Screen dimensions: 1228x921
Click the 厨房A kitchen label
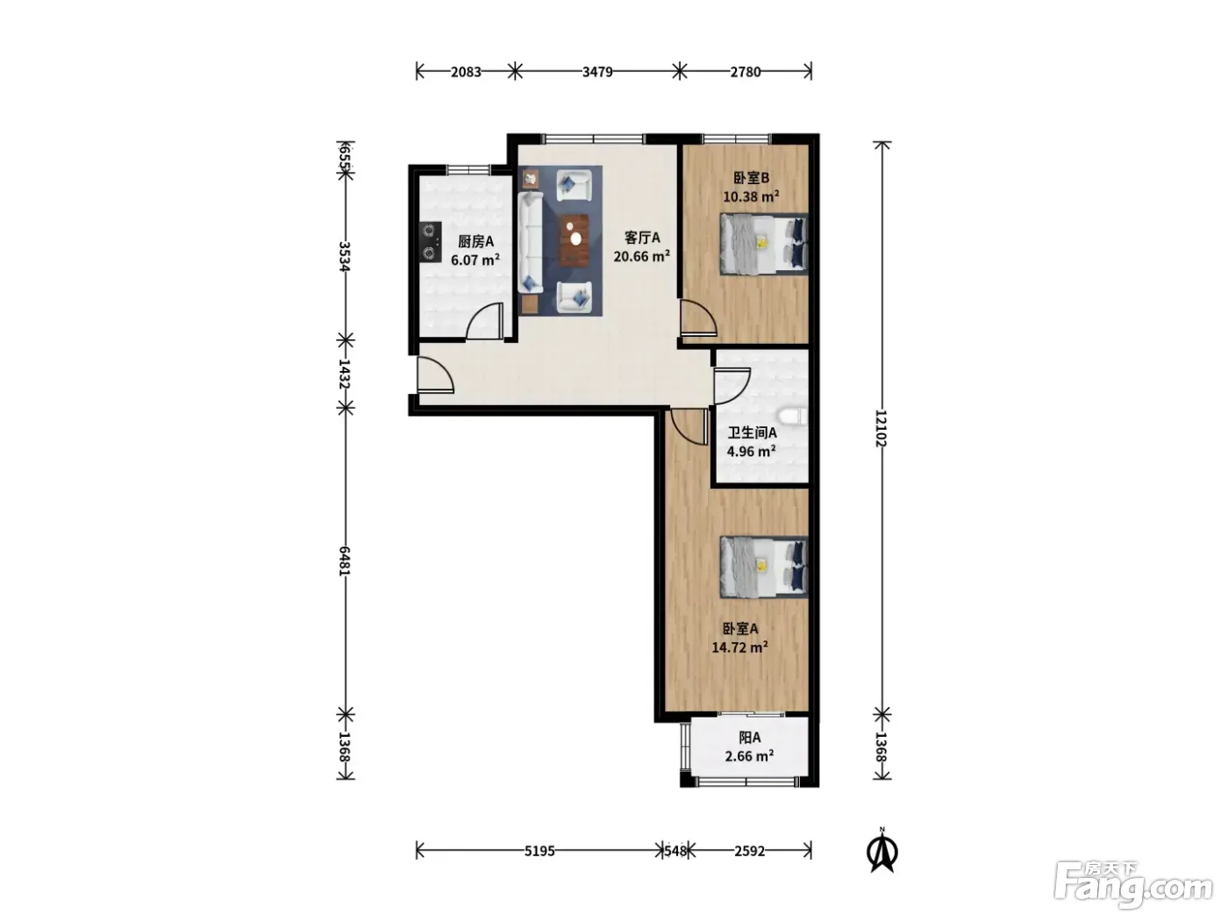pyautogui.click(x=475, y=241)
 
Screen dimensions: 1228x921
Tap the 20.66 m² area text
pyautogui.click(x=642, y=256)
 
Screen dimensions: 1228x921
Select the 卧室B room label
pyautogui.click(x=752, y=178)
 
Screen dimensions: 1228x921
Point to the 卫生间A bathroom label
pyautogui.click(x=752, y=432)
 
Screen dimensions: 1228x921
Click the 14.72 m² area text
pyautogui.click(x=739, y=647)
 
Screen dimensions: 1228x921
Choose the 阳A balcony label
pyautogui.click(x=750, y=737)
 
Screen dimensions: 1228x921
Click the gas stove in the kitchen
pyautogui.click(x=430, y=242)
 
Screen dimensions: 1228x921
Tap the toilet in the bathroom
pyautogui.click(x=792, y=418)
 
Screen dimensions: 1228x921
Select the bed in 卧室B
pyautogui.click(x=764, y=244)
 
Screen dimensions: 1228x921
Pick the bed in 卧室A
pyautogui.click(x=764, y=567)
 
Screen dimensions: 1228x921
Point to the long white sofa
pyautogui.click(x=531, y=242)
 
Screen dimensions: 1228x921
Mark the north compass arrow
pyautogui.click(x=882, y=853)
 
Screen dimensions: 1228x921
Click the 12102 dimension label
pyautogui.click(x=882, y=428)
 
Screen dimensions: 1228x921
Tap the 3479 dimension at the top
pyautogui.click(x=597, y=72)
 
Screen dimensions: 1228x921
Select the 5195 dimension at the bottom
pyautogui.click(x=539, y=851)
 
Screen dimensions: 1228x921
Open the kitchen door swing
pyautogui.click(x=484, y=320)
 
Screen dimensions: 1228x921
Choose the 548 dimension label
pyautogui.click(x=675, y=851)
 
